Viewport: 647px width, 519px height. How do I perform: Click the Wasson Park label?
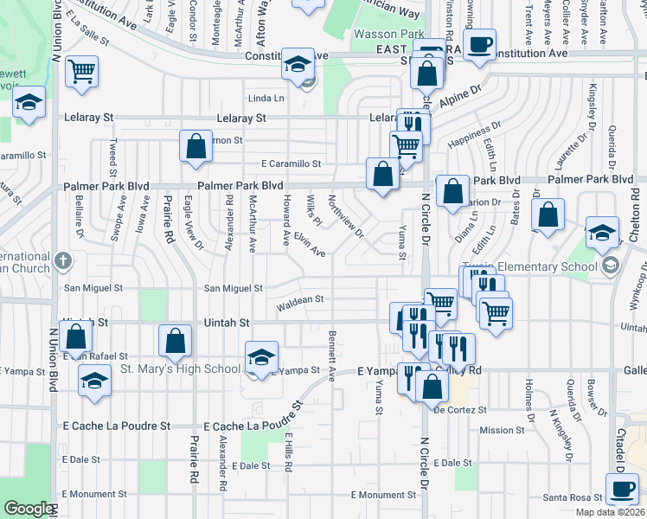tap(386, 35)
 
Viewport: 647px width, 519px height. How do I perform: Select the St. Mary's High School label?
tap(179, 369)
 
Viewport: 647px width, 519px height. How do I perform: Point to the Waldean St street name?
tap(299, 300)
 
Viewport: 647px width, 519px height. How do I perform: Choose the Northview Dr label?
tap(345, 215)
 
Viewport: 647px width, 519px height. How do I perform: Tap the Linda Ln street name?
tap(266, 98)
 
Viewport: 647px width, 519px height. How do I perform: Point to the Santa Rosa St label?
tap(572, 497)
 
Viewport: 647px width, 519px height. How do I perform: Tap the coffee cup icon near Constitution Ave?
tap(480, 44)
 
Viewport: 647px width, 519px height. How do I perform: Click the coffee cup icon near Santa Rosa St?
tap(620, 489)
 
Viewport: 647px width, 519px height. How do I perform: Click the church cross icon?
tap(62, 259)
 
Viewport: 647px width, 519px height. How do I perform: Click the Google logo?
tap(28, 509)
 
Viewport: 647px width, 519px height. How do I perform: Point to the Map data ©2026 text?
tap(609, 512)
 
